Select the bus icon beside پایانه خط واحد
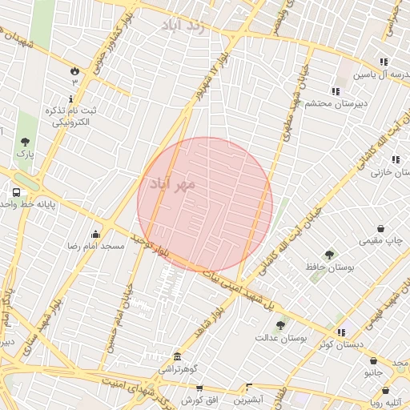click(x=16, y=192)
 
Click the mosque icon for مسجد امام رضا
click(x=96, y=234)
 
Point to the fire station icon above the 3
click(x=75, y=70)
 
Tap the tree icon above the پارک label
click(x=25, y=142)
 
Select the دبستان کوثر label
click(x=336, y=344)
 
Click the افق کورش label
click(x=196, y=399)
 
